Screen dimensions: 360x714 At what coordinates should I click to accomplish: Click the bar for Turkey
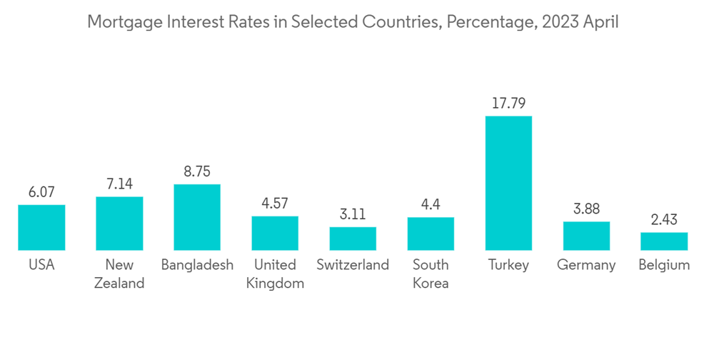pos(508,183)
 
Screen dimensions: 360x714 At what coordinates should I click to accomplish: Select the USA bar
pos(41,227)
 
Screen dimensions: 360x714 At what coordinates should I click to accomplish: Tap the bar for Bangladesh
pos(197,217)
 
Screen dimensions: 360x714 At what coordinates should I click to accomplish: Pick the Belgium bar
pos(664,241)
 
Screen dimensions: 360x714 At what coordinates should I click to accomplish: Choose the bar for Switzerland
pos(353,239)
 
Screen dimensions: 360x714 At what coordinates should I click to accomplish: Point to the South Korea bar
pos(431,234)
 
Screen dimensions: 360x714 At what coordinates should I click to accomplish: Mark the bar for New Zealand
pos(119,224)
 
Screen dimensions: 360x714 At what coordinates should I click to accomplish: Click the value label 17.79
pos(508,104)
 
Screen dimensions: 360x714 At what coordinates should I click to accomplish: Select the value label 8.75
pos(197,171)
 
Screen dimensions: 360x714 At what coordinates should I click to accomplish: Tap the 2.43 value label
pos(664,219)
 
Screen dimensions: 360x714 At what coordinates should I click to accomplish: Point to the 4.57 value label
pos(275,203)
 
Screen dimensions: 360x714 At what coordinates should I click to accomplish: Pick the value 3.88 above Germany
pos(586,209)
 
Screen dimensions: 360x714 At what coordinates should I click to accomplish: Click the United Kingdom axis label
pos(275,274)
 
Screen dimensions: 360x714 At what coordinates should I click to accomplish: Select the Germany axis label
pos(586,265)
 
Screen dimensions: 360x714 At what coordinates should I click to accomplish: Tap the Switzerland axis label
pos(353,265)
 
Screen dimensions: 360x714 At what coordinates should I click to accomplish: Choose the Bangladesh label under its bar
pos(197,265)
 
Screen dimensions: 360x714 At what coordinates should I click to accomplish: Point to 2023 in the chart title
pos(560,22)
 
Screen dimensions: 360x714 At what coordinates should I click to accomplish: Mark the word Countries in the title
pos(396,22)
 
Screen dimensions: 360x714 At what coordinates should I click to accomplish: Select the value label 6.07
pos(41,192)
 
